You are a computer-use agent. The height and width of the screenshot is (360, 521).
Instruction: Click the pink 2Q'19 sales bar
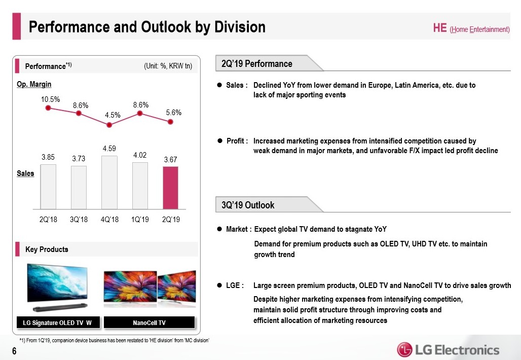click(x=170, y=188)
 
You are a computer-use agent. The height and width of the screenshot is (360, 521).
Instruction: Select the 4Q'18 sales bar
click(x=109, y=183)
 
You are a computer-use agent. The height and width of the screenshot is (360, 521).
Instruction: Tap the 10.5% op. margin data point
click(x=48, y=107)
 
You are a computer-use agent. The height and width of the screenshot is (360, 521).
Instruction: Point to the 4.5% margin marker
click(x=109, y=125)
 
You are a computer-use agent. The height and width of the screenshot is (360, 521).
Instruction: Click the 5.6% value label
click(x=174, y=113)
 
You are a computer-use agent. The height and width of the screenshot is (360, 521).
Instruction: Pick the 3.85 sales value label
click(x=48, y=157)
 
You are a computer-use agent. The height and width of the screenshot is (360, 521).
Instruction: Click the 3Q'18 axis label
click(x=79, y=220)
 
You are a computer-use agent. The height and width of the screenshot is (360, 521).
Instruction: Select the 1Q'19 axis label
click(x=140, y=220)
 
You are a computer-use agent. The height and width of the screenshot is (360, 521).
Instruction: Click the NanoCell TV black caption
click(x=149, y=322)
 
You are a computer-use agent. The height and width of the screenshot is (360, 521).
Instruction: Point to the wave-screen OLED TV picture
click(x=57, y=286)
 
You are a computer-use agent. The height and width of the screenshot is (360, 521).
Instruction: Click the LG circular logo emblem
click(x=405, y=350)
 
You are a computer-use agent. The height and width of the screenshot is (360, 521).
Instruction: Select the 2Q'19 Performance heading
click(x=257, y=63)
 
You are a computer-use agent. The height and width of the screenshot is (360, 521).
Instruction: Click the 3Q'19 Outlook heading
click(x=248, y=205)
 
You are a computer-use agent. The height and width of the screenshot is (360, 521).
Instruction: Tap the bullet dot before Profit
click(x=219, y=140)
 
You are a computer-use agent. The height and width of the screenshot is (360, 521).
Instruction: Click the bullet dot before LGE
click(x=219, y=285)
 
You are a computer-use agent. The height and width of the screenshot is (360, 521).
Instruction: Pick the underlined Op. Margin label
click(x=34, y=84)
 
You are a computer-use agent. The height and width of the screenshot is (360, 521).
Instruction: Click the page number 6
click(x=14, y=351)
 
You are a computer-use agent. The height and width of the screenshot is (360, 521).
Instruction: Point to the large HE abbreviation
click(x=440, y=27)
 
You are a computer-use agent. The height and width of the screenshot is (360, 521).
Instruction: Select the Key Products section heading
click(x=47, y=249)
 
